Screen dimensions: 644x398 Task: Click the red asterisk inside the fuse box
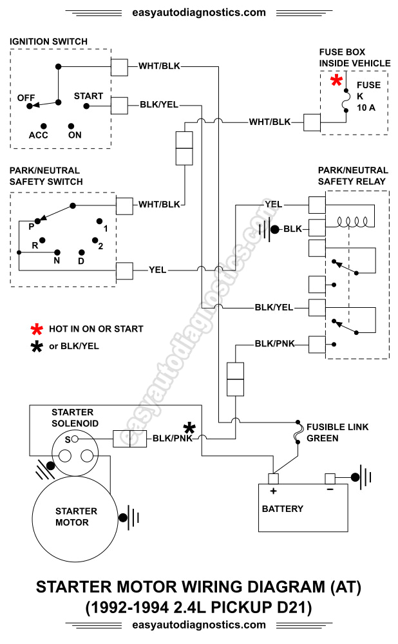(336, 81)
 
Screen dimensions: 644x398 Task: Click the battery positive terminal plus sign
(272, 491)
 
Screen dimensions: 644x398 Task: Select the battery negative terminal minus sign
(329, 491)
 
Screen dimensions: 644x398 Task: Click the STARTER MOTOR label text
(76, 516)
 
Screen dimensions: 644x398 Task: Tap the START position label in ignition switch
(88, 96)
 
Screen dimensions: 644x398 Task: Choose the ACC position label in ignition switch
(39, 135)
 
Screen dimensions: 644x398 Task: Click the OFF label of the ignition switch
(26, 97)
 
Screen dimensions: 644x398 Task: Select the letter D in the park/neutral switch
(81, 261)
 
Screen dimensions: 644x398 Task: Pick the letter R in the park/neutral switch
(35, 245)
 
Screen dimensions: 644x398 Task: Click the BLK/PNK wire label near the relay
(274, 343)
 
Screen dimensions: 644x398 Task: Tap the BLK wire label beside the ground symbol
(292, 229)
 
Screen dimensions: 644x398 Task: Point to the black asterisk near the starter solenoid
(189, 428)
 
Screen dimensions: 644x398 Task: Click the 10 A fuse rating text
(366, 108)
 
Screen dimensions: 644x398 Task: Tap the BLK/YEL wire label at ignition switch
(159, 104)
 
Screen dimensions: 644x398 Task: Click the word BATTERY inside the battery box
(282, 509)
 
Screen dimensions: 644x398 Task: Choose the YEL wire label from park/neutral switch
(158, 270)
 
